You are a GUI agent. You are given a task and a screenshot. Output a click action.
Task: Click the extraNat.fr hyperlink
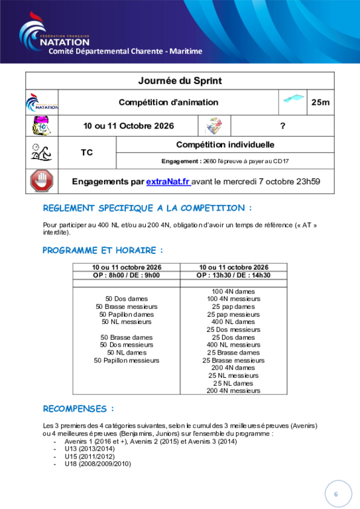pyautogui.click(x=168, y=182)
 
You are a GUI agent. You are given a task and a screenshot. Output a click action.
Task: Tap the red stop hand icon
pyautogui.click(x=42, y=181)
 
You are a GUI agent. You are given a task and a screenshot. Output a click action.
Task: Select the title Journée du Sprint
pyautogui.click(x=180, y=80)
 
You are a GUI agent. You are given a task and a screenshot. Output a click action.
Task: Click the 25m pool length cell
pyautogui.click(x=320, y=102)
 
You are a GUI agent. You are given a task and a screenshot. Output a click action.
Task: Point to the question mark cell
pyautogui.click(x=282, y=126)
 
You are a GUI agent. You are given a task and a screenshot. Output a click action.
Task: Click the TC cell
pyautogui.click(x=87, y=152)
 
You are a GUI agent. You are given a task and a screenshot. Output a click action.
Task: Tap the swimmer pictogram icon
pyautogui.click(x=42, y=152)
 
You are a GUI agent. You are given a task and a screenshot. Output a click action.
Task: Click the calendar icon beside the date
pyautogui.click(x=42, y=126)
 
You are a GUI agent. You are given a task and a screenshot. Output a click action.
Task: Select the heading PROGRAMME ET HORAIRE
pyautogui.click(x=103, y=251)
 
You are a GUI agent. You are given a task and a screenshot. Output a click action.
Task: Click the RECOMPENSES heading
pyautogui.click(x=78, y=409)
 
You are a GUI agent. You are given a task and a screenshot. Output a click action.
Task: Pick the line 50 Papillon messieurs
pyautogui.click(x=127, y=361)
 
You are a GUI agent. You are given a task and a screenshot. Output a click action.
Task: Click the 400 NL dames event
pyautogui.click(x=233, y=321)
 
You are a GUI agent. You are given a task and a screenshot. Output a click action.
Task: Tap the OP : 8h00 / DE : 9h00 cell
pyautogui.click(x=126, y=275)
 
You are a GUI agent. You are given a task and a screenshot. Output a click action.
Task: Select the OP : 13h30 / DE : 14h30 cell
pyautogui.click(x=233, y=275)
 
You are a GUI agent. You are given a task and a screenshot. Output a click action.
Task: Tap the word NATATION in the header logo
pyautogui.click(x=64, y=42)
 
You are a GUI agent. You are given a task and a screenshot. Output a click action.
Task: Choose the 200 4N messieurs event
pyautogui.click(x=233, y=390)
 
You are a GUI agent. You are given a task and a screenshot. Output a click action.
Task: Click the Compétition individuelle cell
pyautogui.click(x=225, y=144)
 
